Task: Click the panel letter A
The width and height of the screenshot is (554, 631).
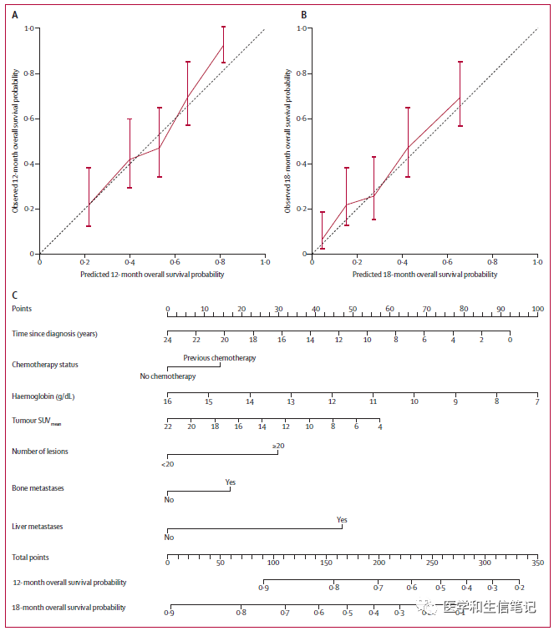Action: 15,15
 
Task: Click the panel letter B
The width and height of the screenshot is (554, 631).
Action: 304,15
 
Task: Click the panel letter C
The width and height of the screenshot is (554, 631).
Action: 15,294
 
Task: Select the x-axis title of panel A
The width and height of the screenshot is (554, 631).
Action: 152,274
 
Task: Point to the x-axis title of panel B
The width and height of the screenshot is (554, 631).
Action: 424,274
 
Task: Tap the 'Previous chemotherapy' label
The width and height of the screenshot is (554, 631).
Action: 220,358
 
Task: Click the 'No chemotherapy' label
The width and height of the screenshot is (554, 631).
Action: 168,376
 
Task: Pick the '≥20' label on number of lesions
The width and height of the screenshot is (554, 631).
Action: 278,447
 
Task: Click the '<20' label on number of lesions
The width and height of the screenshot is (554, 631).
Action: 168,463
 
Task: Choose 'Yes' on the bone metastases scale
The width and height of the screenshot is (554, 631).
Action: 231,482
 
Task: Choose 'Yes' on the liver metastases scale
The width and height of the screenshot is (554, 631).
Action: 342,520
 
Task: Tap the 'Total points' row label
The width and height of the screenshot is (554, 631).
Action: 30,557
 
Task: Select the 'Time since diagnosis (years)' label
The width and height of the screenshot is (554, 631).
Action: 55,334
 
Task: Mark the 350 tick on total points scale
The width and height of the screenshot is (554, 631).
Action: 537,563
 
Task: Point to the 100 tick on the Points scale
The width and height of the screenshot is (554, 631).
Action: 537,310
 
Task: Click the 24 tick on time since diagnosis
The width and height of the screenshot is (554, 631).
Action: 168,341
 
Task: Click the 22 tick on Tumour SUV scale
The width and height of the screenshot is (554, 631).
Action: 168,427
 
